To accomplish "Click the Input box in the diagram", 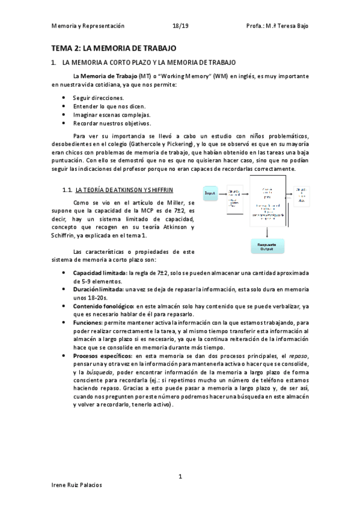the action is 210,194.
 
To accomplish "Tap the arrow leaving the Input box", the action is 222,194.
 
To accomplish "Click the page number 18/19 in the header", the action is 180,26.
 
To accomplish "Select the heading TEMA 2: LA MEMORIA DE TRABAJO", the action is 113,48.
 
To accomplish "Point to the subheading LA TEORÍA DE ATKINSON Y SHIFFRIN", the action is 124,190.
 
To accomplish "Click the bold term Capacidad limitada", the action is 99,272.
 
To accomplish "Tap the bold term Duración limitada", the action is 97,289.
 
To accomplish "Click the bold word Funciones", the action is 88,323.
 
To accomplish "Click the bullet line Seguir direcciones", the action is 99,97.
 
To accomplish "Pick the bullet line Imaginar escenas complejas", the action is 112,114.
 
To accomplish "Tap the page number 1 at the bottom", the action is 180,476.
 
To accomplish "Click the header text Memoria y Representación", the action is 88,26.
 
